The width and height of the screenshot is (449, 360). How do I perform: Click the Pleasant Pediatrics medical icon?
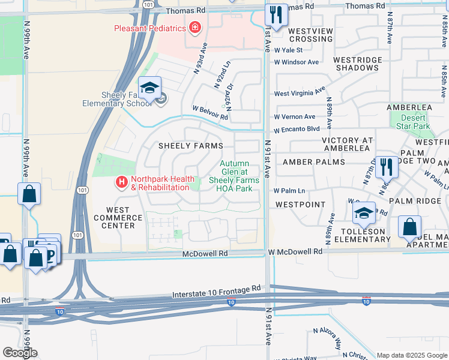(x=194, y=27)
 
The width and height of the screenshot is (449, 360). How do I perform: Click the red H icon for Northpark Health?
(x=121, y=181)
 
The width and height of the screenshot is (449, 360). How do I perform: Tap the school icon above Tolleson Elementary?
(x=364, y=213)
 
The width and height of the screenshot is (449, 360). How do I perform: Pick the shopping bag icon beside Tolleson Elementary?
(x=409, y=227)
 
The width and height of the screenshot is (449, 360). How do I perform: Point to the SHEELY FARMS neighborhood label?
(x=190, y=146)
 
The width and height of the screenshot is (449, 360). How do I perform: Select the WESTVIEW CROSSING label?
(x=310, y=35)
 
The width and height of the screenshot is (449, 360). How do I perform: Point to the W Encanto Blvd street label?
(x=297, y=130)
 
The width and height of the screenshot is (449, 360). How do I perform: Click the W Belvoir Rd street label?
(x=209, y=113)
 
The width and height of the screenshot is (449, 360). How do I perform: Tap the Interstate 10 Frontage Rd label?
(x=217, y=292)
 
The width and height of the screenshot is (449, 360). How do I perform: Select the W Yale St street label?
(x=289, y=50)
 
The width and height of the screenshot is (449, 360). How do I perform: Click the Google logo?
(x=20, y=353)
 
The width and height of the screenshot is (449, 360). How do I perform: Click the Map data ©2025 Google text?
(x=412, y=355)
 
